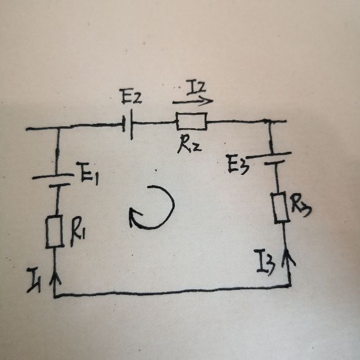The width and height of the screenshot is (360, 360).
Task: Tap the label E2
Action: tap(132, 97)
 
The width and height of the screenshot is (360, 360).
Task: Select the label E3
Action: tap(238, 164)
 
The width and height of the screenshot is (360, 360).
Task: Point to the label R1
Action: tap(77, 232)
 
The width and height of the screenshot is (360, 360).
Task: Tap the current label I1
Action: tap(34, 281)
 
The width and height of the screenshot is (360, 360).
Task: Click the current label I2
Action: tap(196, 88)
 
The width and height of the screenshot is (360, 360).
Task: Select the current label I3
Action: tap(265, 262)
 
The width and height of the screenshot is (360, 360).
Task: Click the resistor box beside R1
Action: tap(54, 232)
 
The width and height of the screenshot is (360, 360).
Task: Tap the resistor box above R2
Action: tap(192, 121)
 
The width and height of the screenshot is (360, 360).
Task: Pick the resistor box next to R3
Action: tap(280, 208)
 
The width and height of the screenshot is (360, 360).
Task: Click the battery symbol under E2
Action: tap(128, 124)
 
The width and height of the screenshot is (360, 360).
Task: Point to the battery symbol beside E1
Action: tap(53, 180)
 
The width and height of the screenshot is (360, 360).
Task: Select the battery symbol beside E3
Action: tap(271, 158)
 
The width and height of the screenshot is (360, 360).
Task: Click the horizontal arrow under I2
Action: tap(193, 101)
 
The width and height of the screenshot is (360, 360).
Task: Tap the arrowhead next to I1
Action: tap(54, 278)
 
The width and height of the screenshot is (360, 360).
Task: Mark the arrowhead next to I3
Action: tap(288, 256)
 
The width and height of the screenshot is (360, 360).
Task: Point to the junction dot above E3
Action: tap(266, 121)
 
